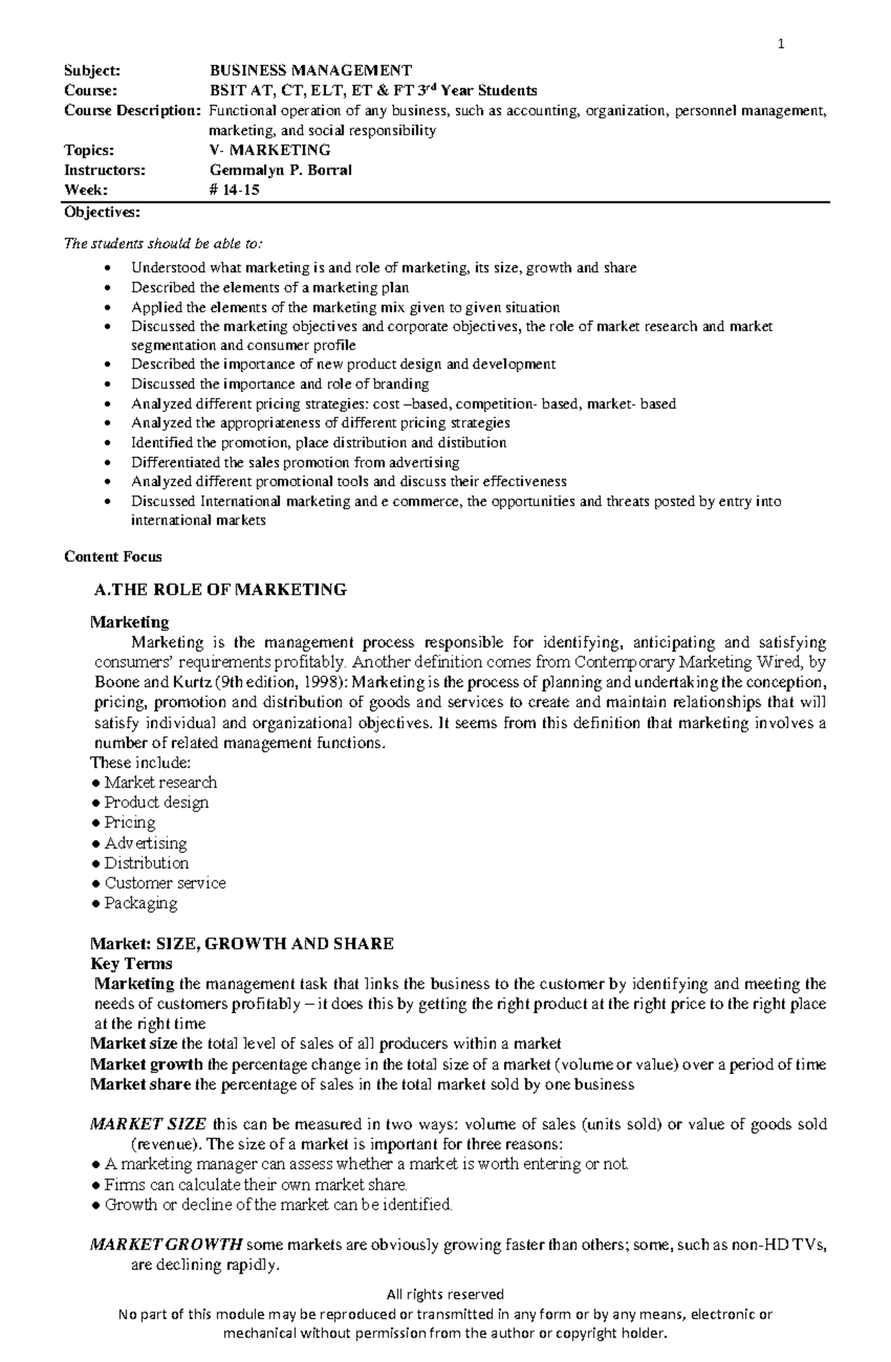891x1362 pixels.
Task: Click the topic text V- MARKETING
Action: coord(270,150)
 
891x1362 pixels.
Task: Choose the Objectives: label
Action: coord(102,212)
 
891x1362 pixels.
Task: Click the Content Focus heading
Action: coord(113,557)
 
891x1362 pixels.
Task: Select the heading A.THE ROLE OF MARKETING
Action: coord(221,590)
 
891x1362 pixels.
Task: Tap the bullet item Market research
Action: coord(160,782)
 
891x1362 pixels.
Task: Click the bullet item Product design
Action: coord(156,802)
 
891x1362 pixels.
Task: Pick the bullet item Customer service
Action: coord(164,883)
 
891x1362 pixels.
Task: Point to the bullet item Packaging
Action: coord(140,903)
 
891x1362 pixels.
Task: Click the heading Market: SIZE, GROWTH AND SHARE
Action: coord(241,944)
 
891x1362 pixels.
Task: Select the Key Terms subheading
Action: coord(131,964)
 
